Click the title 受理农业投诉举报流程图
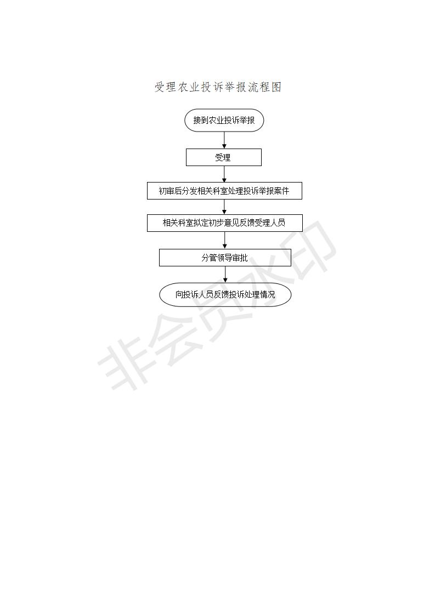click(218, 87)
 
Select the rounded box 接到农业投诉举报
click(224, 120)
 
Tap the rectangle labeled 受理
click(223, 157)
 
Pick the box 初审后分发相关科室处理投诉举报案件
click(224, 191)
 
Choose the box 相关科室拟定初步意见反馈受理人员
click(225, 223)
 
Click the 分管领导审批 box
click(225, 258)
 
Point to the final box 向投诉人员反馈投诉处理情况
click(225, 294)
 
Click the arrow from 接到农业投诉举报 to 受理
click(224, 140)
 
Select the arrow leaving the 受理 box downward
click(224, 174)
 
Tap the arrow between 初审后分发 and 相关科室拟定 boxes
click(224, 207)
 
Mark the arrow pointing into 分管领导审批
click(225, 241)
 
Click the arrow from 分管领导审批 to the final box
click(225, 275)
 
